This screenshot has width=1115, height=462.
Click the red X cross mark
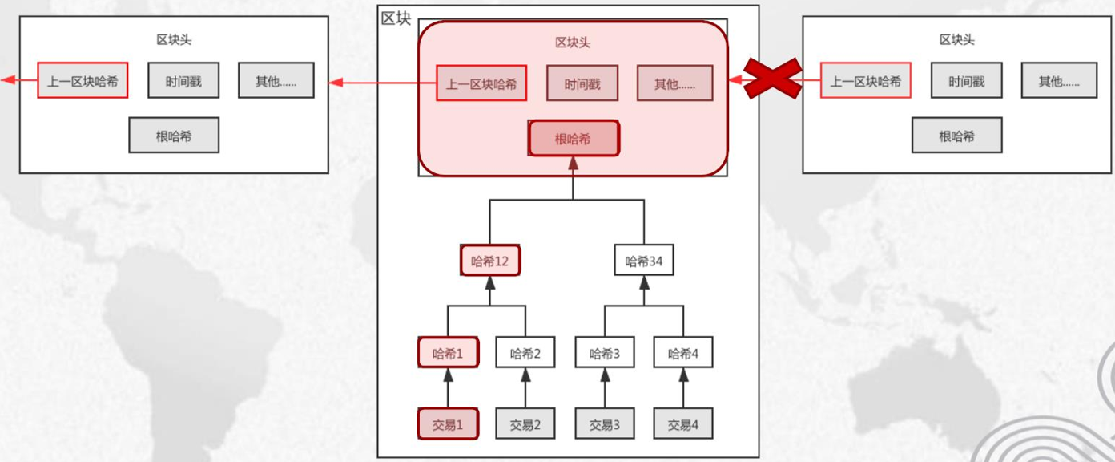(x=772, y=79)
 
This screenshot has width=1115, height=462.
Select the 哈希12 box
(x=490, y=261)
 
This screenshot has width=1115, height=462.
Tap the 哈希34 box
(x=643, y=261)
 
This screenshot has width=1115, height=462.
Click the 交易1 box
(x=448, y=424)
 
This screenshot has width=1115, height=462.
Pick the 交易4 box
(x=682, y=424)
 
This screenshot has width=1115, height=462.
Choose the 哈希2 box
(x=525, y=353)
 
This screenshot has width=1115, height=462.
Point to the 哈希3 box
(x=605, y=353)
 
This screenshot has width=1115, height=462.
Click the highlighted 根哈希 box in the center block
(x=574, y=139)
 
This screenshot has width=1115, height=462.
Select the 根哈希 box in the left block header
(x=173, y=136)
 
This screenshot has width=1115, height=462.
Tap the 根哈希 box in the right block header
(x=956, y=136)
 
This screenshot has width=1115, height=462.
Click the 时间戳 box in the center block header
(x=582, y=83)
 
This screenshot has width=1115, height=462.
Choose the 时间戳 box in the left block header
(x=183, y=81)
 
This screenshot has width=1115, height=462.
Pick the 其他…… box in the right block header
(x=1058, y=81)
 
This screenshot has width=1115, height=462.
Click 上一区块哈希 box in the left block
(x=83, y=81)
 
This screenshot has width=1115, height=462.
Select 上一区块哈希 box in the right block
(x=865, y=81)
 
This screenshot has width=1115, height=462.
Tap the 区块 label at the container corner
(x=396, y=18)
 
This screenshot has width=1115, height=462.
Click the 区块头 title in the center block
(x=573, y=43)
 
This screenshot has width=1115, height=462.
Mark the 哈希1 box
(x=448, y=353)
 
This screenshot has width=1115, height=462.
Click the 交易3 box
(x=605, y=424)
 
